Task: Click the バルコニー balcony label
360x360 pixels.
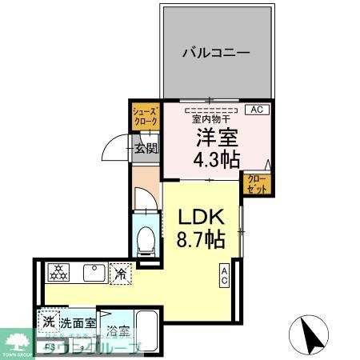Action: pos(215,52)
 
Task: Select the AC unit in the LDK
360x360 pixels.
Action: pos(225,276)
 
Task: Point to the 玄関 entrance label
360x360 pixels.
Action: pos(146,147)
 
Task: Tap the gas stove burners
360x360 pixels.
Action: pos(58,274)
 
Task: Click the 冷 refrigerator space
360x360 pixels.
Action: pos(121,274)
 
